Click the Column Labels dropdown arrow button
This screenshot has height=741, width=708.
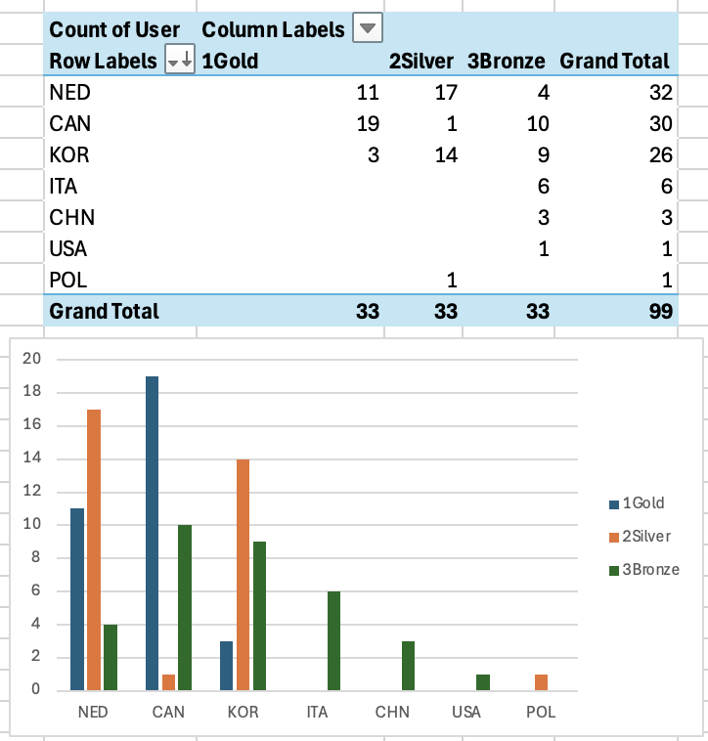coord(367,29)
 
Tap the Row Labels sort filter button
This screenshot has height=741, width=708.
coord(180,61)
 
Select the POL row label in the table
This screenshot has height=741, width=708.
coord(67,280)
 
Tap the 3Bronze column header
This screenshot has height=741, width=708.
coord(506,61)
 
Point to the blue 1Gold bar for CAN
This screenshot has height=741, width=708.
coord(152,533)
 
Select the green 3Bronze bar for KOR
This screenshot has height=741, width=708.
coord(259,616)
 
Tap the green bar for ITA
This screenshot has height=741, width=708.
coord(333,640)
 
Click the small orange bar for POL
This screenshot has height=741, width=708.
coord(541,681)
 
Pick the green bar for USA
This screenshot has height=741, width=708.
coord(482,681)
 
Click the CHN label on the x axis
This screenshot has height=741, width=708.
coord(392,712)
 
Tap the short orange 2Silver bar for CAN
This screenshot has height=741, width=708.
coord(168,681)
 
